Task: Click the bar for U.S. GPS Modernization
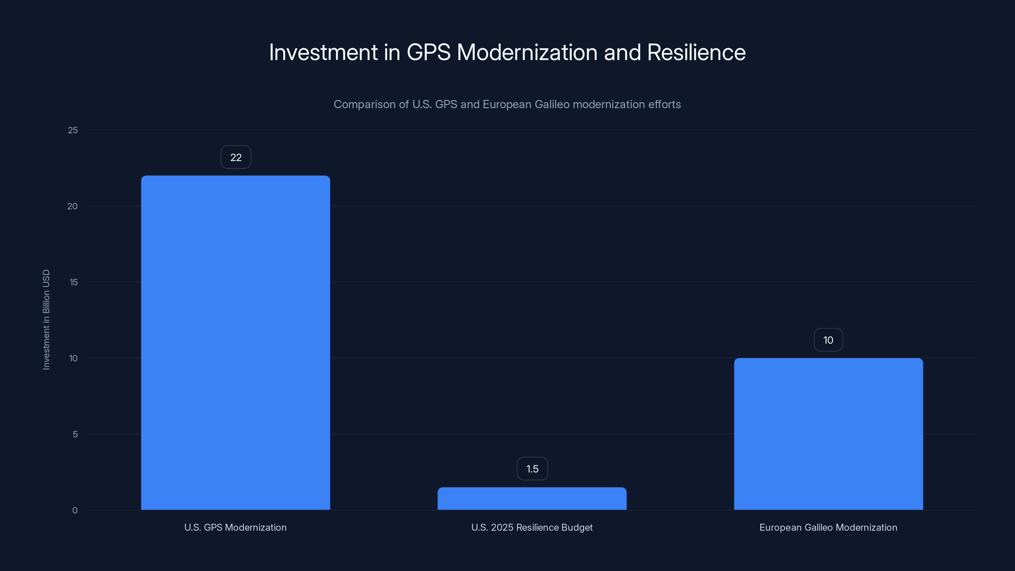point(235,343)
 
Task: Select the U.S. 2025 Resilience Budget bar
point(532,499)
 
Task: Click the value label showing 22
point(236,157)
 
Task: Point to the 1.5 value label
point(532,469)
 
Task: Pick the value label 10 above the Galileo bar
point(828,340)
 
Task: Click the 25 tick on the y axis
point(73,130)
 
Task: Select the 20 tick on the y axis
point(73,206)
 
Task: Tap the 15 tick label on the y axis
point(73,282)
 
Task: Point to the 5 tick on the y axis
point(75,434)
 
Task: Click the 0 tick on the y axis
point(75,510)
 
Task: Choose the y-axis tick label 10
point(73,358)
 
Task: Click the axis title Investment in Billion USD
point(46,319)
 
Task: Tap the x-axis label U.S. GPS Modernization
point(235,527)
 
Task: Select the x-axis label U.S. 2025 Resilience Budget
point(532,527)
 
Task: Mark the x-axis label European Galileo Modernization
point(828,527)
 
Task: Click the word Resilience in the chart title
point(696,52)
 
